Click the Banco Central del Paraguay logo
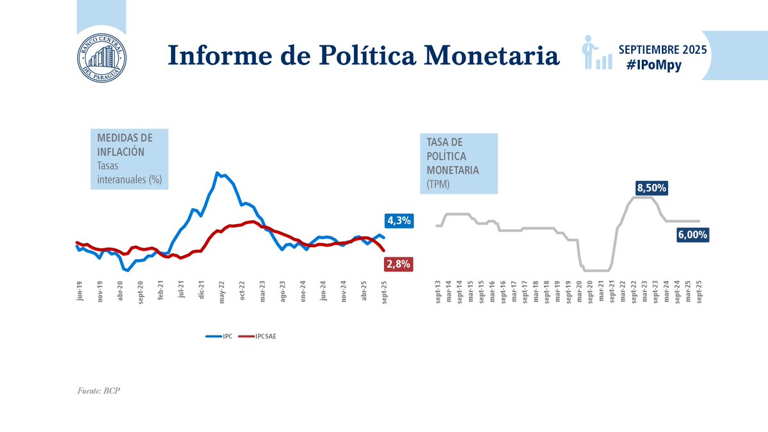(x=102, y=55)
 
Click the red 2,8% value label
(x=397, y=264)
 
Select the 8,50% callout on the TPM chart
(x=652, y=188)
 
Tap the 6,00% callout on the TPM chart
(x=691, y=235)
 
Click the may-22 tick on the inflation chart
(x=221, y=291)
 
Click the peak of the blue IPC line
(x=218, y=173)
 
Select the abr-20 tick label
(x=120, y=291)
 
